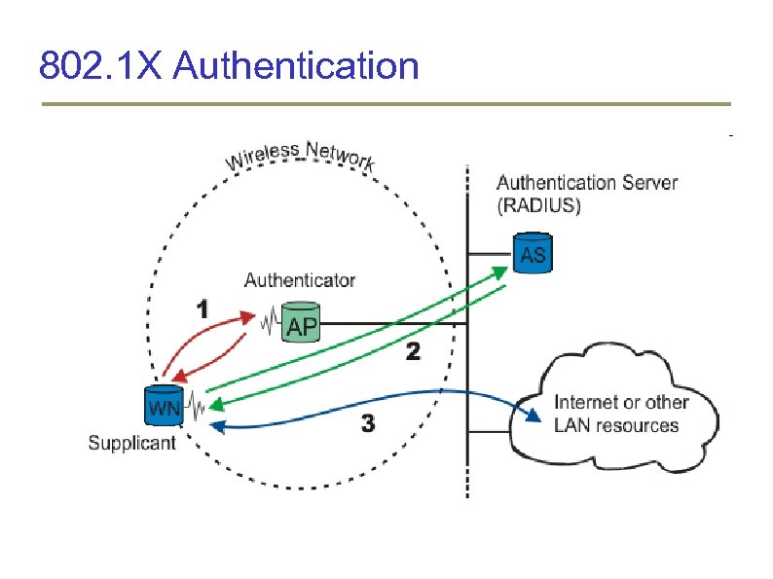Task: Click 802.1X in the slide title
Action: click(x=104, y=67)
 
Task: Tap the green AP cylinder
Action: click(x=301, y=323)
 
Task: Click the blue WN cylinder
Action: click(x=164, y=405)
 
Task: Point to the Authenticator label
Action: click(x=299, y=280)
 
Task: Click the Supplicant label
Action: click(x=131, y=443)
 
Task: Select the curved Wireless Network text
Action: click(x=300, y=156)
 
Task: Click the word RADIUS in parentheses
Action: click(x=538, y=205)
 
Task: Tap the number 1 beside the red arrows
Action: click(x=202, y=310)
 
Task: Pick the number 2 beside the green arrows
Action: click(x=413, y=352)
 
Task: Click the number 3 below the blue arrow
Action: click(x=367, y=424)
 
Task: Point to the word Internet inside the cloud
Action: click(x=588, y=402)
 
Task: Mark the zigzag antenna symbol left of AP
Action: click(x=269, y=320)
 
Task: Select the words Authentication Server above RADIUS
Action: click(x=587, y=183)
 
